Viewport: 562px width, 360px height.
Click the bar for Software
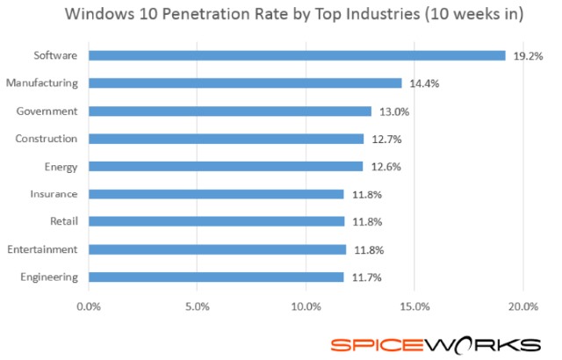pos(297,55)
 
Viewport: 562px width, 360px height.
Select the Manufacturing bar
pos(245,83)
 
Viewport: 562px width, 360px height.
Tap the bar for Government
pos(230,112)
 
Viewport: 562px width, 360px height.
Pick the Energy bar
pos(226,166)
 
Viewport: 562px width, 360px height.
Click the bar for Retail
pos(217,221)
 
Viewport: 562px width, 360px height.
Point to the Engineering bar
pos(216,277)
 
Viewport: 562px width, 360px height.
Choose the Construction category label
pos(47,139)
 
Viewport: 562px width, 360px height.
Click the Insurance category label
pos(53,194)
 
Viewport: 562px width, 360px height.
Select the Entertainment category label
pos(41,249)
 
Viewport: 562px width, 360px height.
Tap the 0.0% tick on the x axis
pos(89,306)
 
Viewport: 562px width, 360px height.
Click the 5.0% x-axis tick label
pos(198,306)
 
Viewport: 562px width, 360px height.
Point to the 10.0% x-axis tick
pos(306,306)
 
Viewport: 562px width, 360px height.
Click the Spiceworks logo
pos(435,342)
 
